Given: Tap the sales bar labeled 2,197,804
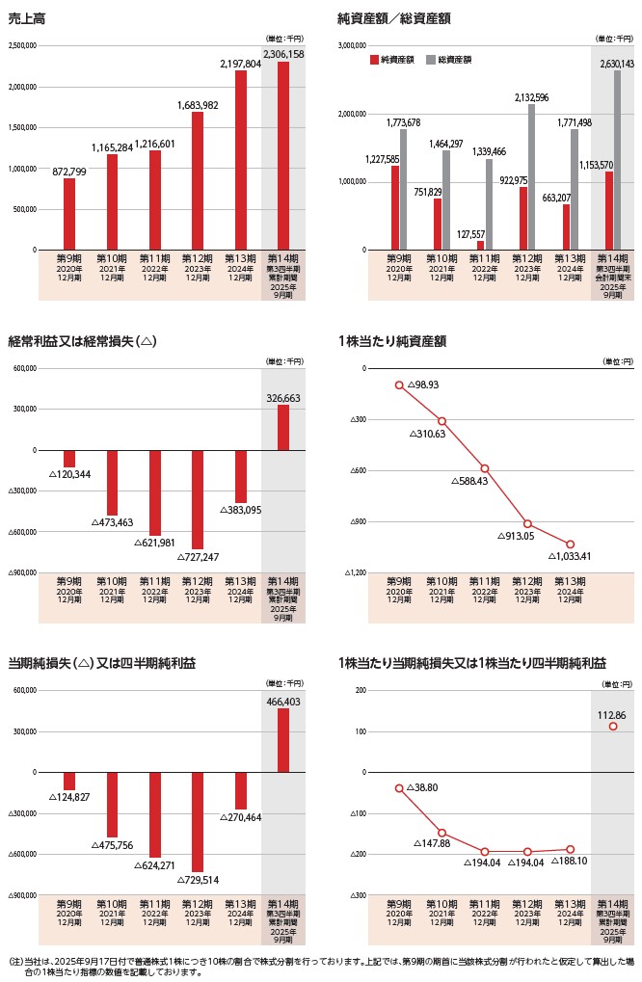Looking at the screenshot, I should click(x=240, y=160).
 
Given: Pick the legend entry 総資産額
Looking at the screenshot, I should click(x=453, y=60).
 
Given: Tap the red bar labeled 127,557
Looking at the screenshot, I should click(x=480, y=245).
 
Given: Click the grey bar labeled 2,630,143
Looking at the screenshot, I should click(x=617, y=160).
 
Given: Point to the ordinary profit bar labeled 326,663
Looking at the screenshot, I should click(x=282, y=427).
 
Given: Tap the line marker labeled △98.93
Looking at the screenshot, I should click(x=399, y=385).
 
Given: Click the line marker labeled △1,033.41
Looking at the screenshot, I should click(x=571, y=544).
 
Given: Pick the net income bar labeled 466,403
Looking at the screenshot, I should click(x=282, y=740).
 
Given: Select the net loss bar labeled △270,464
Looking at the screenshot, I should click(x=240, y=790).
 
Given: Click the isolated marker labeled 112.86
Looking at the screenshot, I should click(x=613, y=726).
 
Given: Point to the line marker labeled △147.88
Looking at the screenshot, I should click(x=441, y=833).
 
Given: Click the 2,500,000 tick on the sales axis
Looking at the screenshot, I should click(x=21, y=45).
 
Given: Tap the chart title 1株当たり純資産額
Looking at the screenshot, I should click(x=392, y=341).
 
